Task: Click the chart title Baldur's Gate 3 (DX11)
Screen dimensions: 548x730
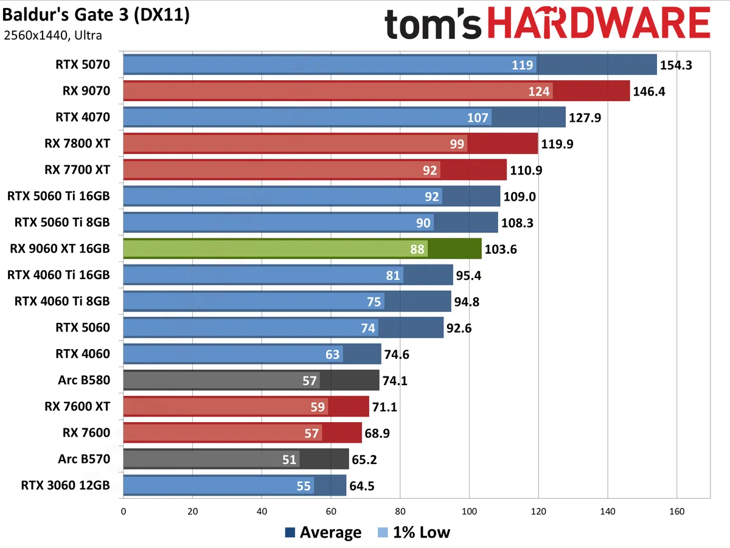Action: point(96,15)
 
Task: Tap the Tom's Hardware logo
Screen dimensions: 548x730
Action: point(547,24)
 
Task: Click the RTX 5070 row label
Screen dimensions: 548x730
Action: point(83,65)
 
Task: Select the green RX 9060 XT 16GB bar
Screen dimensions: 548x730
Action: point(302,249)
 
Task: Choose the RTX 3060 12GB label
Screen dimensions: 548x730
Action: point(66,485)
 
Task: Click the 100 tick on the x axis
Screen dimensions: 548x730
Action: point(469,511)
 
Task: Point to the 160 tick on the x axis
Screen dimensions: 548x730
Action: point(676,511)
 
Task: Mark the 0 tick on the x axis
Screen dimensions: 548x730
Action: point(123,511)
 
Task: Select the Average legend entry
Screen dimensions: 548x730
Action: point(323,533)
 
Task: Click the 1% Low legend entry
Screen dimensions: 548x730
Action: point(413,533)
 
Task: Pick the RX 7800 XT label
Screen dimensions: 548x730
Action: point(77,144)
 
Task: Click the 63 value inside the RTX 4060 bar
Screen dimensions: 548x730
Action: point(332,354)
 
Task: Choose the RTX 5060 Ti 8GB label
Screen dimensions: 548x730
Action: point(62,223)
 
